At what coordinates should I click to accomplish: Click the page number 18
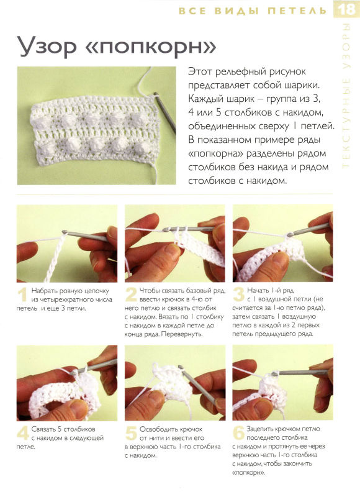[x=347, y=9]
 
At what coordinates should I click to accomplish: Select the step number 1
[x=22, y=295]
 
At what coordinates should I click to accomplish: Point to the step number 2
[x=131, y=294]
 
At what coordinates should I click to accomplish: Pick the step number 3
[x=238, y=294]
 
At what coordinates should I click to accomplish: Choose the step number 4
[x=23, y=433]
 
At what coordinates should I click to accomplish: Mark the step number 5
[x=131, y=433]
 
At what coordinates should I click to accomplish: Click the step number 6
[x=239, y=433]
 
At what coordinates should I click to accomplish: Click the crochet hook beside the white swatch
[x=164, y=112]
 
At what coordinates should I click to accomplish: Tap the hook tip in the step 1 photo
[x=65, y=232]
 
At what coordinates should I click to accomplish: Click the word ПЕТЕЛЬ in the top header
[x=297, y=11]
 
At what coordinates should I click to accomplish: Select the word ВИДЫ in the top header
[x=236, y=11]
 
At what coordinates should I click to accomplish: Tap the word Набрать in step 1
[x=43, y=291]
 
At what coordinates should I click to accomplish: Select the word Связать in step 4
[x=43, y=429]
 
